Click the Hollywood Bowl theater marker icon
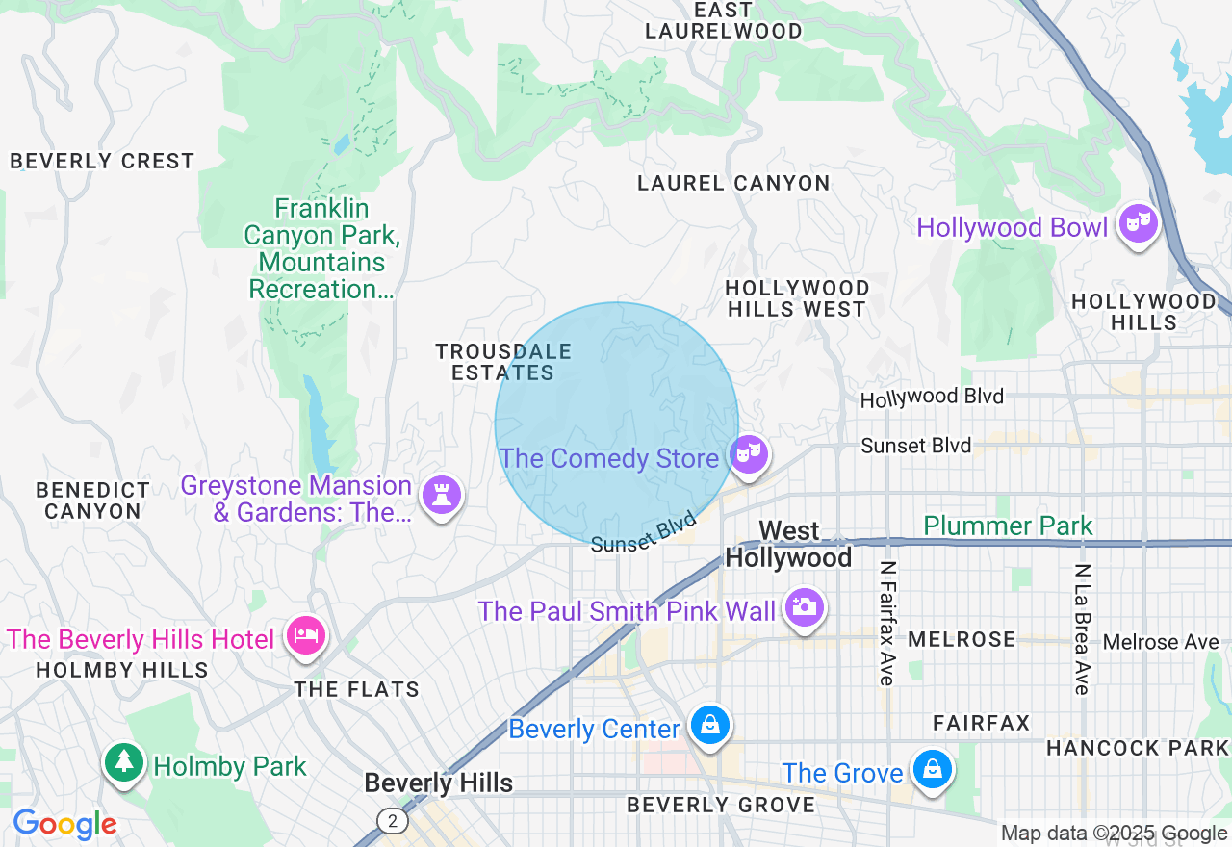[x=1138, y=224]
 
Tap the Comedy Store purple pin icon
[x=748, y=453]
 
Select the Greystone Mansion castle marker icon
[x=442, y=496]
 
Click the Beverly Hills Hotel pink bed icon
[x=306, y=636]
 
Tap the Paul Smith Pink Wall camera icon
[x=803, y=607]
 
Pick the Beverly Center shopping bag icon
[x=709, y=726]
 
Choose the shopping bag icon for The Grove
[x=932, y=770]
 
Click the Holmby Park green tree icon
[x=123, y=763]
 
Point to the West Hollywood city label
[x=788, y=545]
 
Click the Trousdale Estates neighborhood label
[x=503, y=362]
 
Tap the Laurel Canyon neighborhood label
[x=733, y=183]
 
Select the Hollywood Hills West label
[x=797, y=298]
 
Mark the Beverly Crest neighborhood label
[x=102, y=161]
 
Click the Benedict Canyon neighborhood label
[x=93, y=500]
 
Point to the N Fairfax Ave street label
[x=887, y=624]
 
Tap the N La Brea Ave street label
[x=1082, y=629]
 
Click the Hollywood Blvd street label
[x=932, y=398]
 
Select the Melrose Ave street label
[x=1161, y=642]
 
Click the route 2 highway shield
[x=392, y=821]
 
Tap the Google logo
[x=64, y=825]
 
